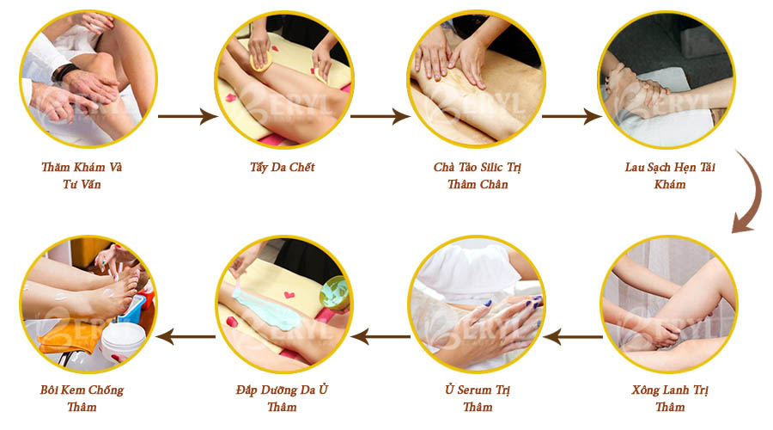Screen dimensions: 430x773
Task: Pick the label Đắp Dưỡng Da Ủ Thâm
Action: click(282, 397)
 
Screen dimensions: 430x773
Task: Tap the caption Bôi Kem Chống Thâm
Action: click(82, 397)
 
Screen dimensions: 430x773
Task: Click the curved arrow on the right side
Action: click(745, 193)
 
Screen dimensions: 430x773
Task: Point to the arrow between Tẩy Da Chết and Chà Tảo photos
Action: click(379, 115)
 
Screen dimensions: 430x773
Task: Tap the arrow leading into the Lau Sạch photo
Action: click(571, 115)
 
